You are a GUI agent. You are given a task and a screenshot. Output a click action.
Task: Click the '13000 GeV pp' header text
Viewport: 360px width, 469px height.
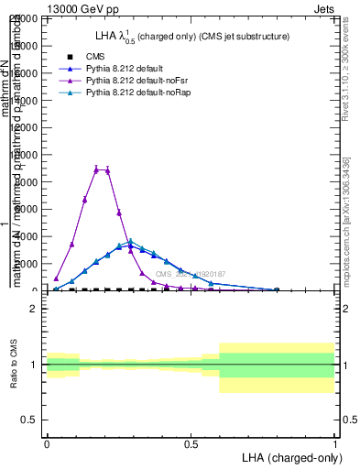(x=82, y=7)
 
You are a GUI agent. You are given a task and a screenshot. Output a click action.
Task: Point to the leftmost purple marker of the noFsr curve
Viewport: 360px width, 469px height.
(x=56, y=278)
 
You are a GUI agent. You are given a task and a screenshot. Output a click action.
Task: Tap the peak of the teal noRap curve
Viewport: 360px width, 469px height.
(x=131, y=242)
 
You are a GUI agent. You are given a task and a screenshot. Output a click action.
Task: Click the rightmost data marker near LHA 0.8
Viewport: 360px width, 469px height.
(x=277, y=289)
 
